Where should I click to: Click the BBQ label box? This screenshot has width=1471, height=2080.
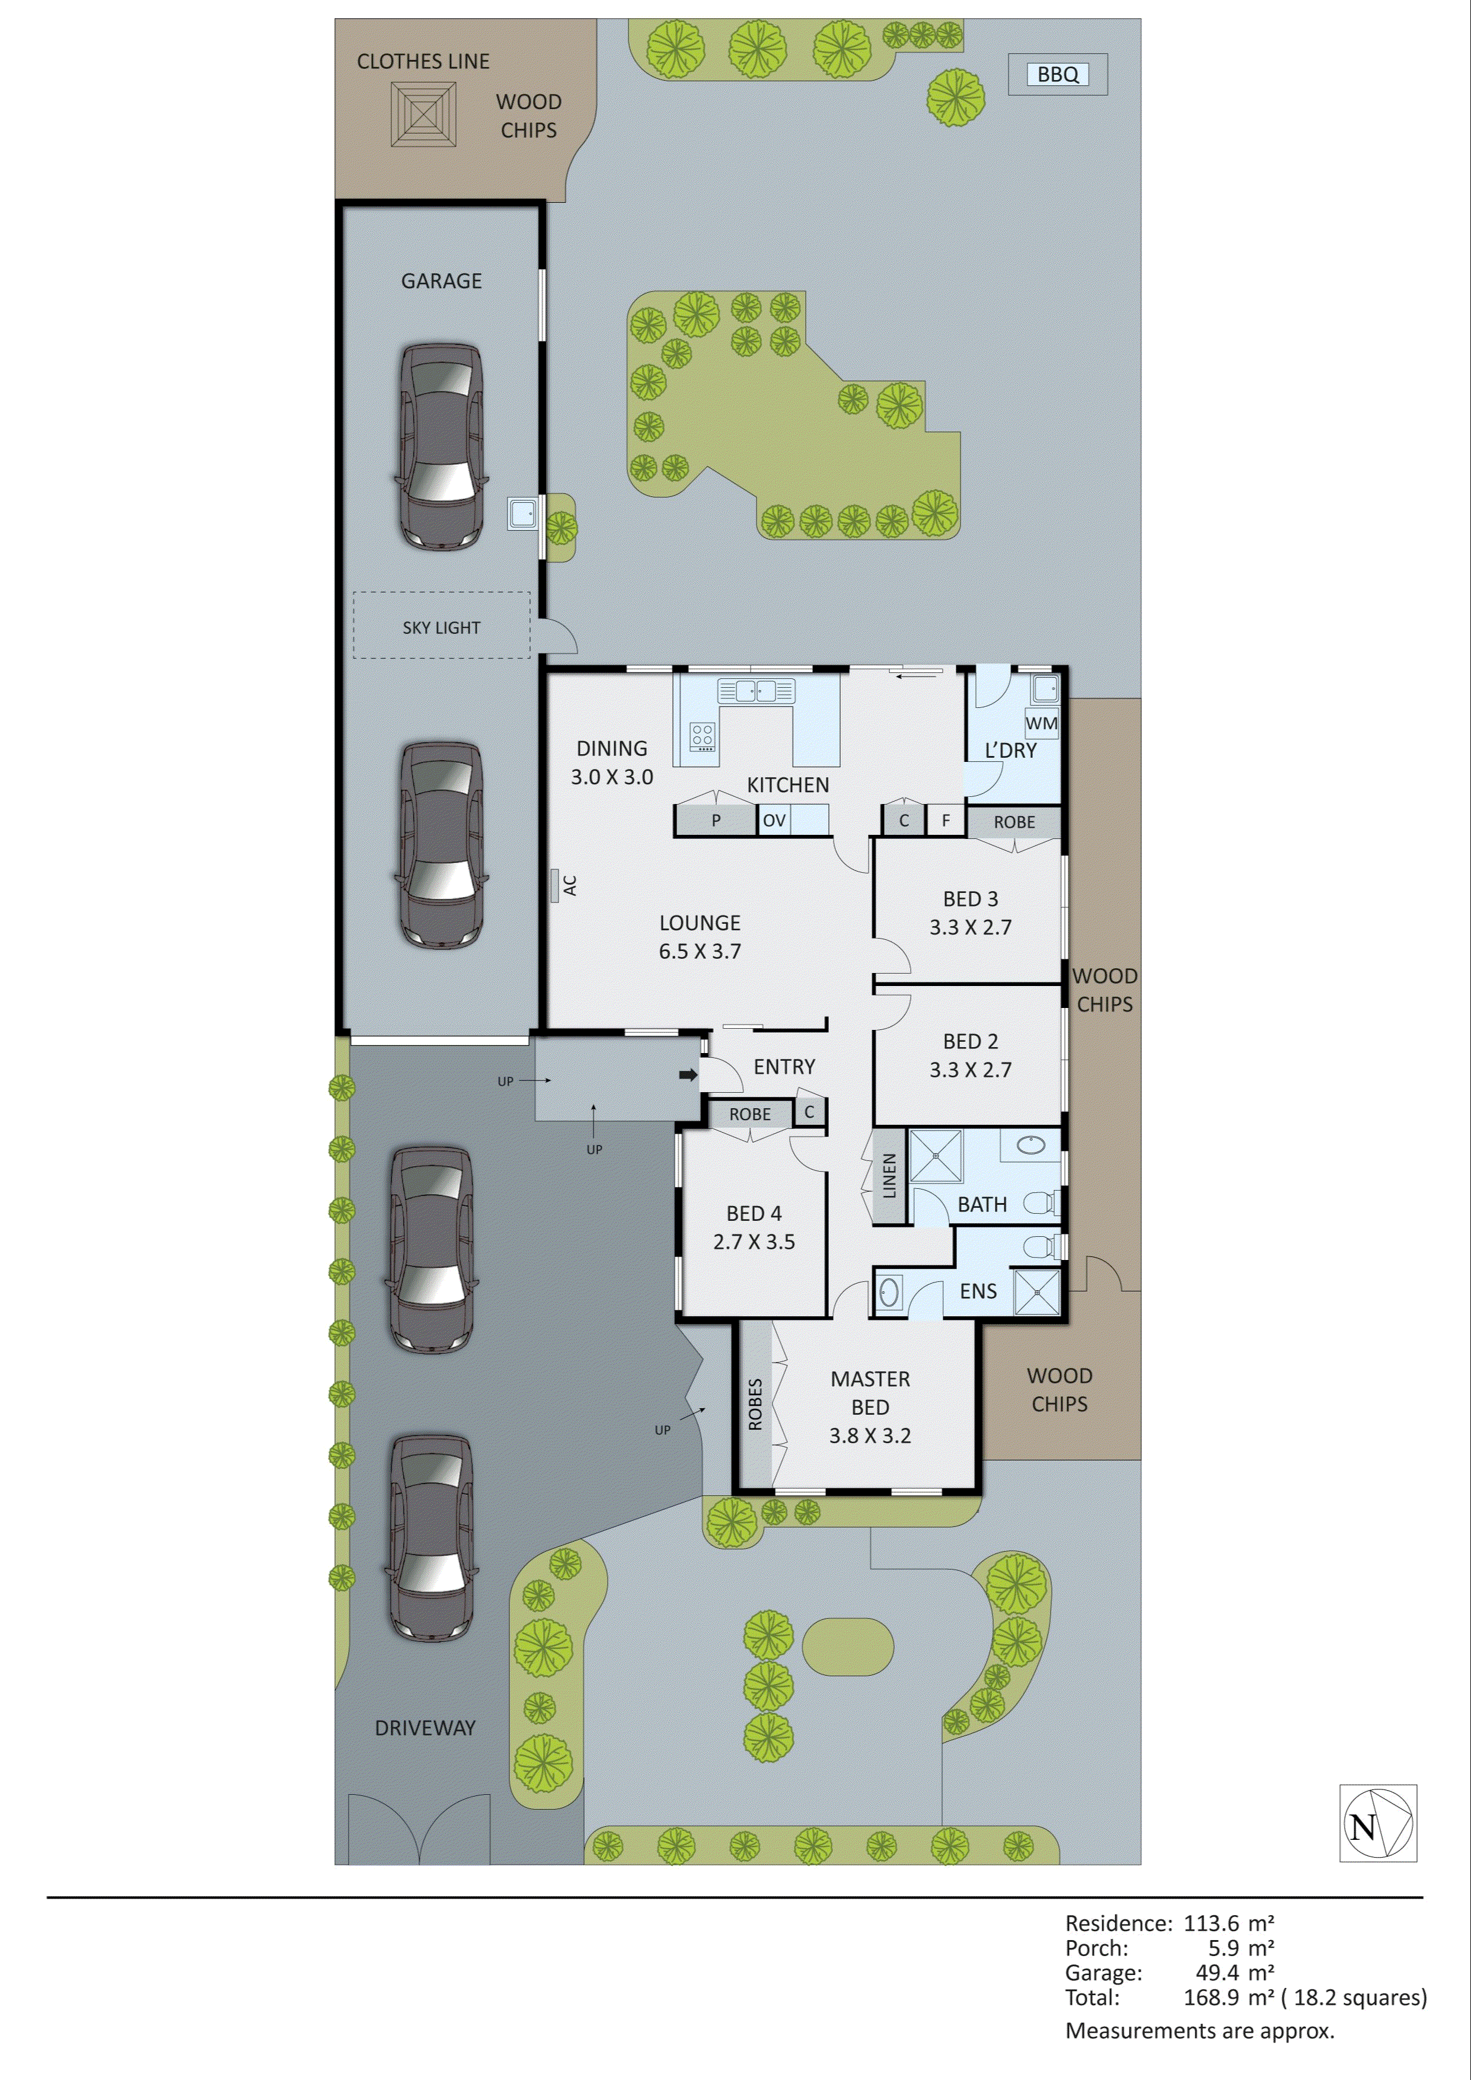pos(1057,74)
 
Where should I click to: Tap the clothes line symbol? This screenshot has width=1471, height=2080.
pos(423,114)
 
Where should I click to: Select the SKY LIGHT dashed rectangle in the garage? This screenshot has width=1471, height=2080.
pos(441,625)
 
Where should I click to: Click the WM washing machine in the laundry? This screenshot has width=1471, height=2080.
pos(1041,723)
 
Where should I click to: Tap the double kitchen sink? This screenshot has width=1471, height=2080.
pos(757,691)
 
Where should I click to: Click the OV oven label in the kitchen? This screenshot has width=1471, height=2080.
pos(774,821)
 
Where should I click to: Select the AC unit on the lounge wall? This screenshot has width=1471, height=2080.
pos(554,885)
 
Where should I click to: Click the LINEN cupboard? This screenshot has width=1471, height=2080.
pos(889,1176)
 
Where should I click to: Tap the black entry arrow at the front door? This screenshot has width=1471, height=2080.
pos(688,1076)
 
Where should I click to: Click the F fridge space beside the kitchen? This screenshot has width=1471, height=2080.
pos(946,821)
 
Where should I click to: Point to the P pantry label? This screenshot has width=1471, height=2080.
pos(716,821)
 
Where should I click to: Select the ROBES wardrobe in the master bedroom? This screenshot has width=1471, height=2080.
pos(755,1404)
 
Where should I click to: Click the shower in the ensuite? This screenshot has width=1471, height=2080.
pos(1036,1292)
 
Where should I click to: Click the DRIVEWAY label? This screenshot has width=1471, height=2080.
pos(425,1728)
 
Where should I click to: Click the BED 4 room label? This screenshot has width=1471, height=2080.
pos(754,1214)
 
